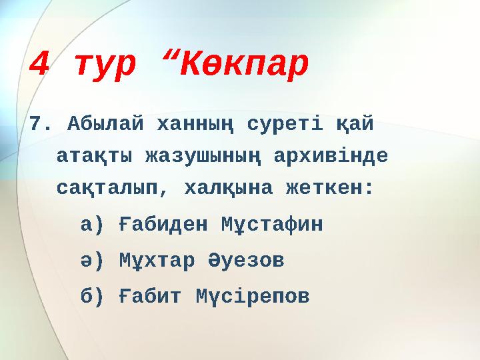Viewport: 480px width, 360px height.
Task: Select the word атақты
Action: tap(93, 157)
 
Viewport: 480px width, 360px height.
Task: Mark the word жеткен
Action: tap(333, 189)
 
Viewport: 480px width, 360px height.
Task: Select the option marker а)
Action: tap(92, 225)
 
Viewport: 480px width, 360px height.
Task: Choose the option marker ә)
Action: tap(92, 260)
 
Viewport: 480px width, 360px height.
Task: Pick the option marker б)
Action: tap(92, 295)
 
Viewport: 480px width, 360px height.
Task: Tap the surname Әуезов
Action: tap(239, 260)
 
